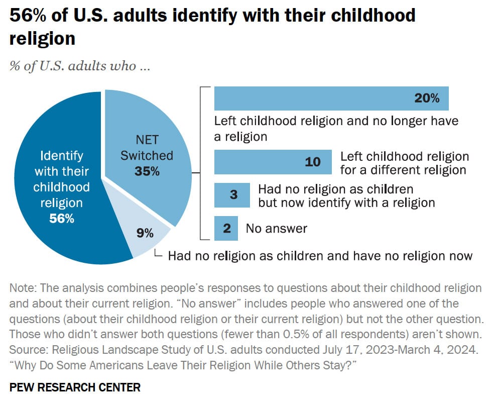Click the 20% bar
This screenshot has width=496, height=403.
pos(331,98)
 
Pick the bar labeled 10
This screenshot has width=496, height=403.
pos(273,162)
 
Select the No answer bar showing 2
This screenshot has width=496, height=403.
pos(226,228)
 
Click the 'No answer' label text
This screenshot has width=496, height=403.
pos(276,229)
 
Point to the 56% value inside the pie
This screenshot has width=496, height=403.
pos(61,219)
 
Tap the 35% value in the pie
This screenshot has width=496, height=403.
pos(147,171)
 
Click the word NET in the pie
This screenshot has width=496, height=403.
pos(147,139)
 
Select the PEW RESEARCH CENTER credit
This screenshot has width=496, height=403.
pos(75,387)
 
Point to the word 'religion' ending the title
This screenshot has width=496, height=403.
pos(42,39)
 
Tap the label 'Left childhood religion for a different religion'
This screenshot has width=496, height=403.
pos(404,163)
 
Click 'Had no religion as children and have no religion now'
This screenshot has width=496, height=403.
pos(320,256)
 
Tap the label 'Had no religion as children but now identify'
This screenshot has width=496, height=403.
pos(346,196)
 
